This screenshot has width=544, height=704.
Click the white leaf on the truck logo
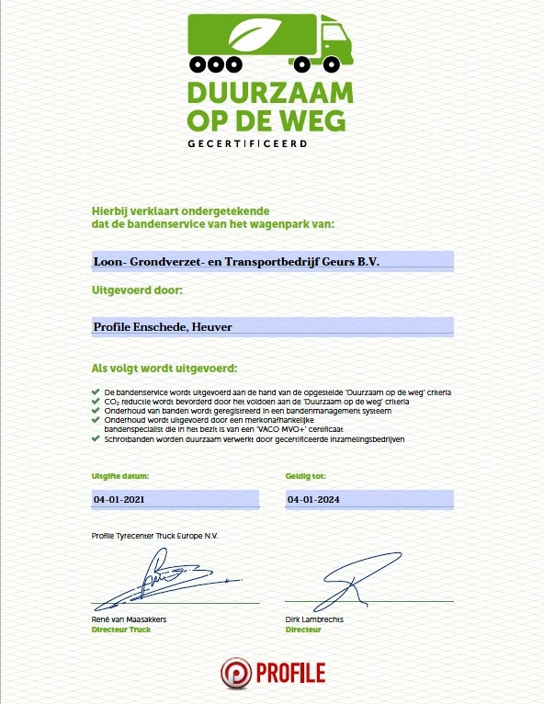(x=253, y=37)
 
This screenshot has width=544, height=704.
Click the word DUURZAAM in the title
(x=270, y=94)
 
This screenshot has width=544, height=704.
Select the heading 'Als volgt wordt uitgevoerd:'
(x=164, y=368)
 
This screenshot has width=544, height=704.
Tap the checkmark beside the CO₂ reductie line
(x=96, y=402)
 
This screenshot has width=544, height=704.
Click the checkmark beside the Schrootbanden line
(x=96, y=438)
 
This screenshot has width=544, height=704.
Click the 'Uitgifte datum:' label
(x=120, y=476)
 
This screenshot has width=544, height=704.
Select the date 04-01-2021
(x=120, y=500)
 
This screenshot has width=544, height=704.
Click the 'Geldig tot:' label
(x=306, y=476)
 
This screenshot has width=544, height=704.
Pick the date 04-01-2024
(x=314, y=500)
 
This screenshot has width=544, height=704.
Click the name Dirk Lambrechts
(x=315, y=620)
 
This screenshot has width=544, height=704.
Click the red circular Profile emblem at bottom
(x=236, y=673)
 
